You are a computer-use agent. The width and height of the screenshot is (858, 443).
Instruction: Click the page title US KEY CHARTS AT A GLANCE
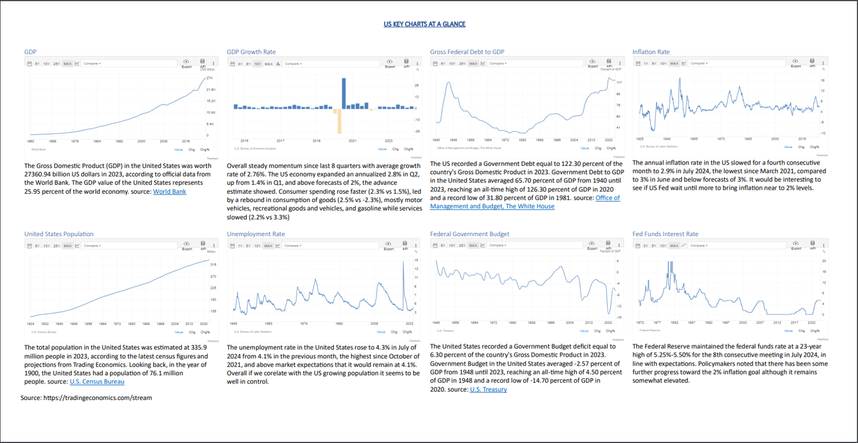(424, 24)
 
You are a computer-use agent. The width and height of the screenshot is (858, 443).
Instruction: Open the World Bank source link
(170, 191)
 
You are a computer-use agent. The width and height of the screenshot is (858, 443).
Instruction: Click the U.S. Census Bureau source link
(97, 382)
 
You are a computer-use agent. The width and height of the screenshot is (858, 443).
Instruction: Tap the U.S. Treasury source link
(488, 389)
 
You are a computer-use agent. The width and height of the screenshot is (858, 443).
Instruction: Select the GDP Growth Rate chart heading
(251, 52)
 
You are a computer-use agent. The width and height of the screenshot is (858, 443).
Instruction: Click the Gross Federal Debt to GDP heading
(467, 52)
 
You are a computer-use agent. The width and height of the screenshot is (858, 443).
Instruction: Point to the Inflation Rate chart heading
(651, 52)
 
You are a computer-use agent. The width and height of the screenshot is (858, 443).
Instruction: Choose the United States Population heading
(59, 234)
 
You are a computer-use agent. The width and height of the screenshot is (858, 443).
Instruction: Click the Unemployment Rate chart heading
(256, 234)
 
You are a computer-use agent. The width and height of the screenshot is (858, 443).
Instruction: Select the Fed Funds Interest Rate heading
(665, 234)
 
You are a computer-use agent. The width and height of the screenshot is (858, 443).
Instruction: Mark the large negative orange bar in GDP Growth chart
(339, 122)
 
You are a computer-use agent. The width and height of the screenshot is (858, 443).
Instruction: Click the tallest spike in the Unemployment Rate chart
(403, 264)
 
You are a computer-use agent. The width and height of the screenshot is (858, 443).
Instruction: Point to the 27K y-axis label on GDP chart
(210, 78)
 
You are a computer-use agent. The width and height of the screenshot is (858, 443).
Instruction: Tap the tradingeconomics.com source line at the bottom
(86, 398)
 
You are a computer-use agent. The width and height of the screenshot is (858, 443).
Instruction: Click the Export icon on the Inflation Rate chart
(795, 63)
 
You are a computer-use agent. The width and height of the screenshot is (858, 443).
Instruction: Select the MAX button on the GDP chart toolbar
(67, 63)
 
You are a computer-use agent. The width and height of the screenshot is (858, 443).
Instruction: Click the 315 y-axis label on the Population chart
(213, 264)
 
